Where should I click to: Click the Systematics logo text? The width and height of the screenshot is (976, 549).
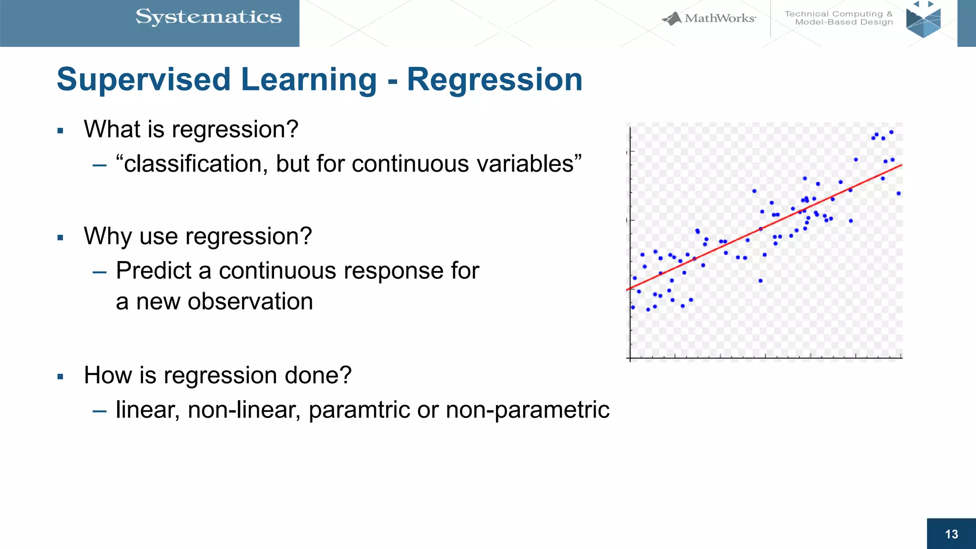[x=208, y=18]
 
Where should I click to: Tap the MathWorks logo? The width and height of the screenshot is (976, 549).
[x=709, y=19]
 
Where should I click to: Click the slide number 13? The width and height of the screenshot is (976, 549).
[x=951, y=534]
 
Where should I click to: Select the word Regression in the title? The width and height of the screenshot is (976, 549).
[x=494, y=80]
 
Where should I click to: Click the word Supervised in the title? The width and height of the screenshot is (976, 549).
[x=143, y=80]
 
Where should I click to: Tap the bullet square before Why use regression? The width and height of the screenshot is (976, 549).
[x=60, y=238]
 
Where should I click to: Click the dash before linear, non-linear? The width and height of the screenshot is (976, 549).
[x=99, y=411]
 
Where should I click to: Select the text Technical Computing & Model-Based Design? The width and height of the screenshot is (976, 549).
[x=839, y=18]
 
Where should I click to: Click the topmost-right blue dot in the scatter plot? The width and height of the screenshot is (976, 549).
[x=891, y=132]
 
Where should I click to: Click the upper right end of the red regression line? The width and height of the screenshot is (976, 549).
[x=901, y=165]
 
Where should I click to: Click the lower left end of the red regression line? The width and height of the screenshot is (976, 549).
[x=628, y=289]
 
